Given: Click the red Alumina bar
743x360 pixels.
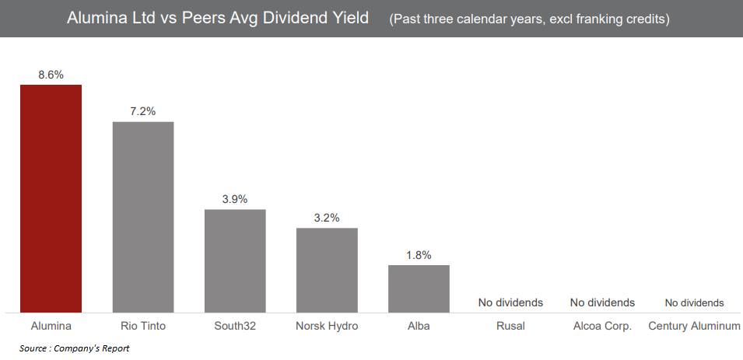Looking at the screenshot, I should pos(51,198).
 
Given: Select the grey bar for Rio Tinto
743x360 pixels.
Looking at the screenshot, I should pos(143,217).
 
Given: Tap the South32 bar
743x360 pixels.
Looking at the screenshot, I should pos(235,260).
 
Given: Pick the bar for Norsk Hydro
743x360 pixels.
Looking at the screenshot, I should pos(327,270).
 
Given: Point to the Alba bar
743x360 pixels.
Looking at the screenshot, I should pos(419,288).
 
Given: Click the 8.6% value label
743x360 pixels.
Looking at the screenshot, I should pos(51,75).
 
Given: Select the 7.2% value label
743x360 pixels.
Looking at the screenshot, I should pos(143,111).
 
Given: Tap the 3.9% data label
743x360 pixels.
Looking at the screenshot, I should pos(235,199).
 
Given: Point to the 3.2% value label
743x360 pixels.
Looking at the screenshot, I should pos(327,218).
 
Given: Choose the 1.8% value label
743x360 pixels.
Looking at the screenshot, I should pos(419,255).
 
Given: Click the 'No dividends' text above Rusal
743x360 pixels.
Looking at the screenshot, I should pos(510,302).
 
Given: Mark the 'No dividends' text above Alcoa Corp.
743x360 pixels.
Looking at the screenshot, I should pos(602,302).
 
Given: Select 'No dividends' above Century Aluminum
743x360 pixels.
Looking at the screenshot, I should pos(694,302).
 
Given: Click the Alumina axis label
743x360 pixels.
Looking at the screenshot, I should pos(51,326).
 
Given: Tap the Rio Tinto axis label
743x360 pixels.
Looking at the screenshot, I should pos(143,326).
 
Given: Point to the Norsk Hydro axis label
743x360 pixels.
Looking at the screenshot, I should pos(327,326).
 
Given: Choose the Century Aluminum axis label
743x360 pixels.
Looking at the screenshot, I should pos(694,326).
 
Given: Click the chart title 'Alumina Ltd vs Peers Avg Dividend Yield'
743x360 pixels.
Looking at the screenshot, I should pos(218,18).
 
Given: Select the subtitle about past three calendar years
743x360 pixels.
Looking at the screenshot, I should pos(529,19).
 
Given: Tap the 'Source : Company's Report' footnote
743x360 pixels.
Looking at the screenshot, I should pos(74,348).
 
